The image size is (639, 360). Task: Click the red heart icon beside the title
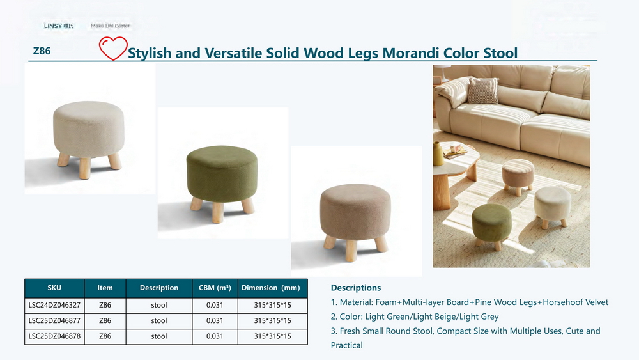(113, 48)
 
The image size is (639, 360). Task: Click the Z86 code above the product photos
(42, 51)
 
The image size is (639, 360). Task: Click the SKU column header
(54, 288)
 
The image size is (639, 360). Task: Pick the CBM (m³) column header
(215, 288)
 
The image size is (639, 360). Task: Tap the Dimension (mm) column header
(270, 288)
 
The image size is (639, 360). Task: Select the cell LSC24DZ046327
(54, 305)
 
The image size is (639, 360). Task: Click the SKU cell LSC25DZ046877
(54, 320)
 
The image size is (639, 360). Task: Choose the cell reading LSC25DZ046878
(54, 336)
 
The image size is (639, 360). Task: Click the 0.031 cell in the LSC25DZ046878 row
(215, 336)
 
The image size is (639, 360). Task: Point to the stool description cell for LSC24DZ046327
(159, 305)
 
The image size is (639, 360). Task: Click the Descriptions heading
(356, 288)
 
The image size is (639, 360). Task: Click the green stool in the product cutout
(222, 184)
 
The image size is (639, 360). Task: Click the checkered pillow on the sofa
(482, 91)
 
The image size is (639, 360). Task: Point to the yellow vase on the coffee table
(438, 153)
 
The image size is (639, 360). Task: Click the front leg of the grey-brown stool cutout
(351, 250)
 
